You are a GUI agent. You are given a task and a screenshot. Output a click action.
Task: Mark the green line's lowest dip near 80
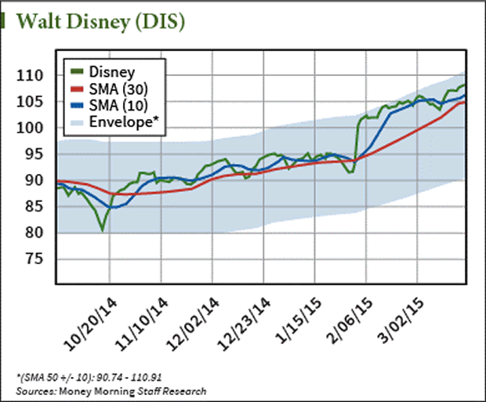tap(103, 230)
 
